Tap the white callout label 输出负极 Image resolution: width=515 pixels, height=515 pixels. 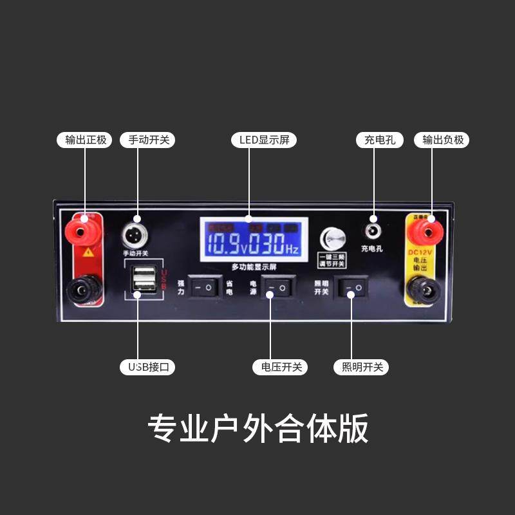pyautogui.click(x=444, y=140)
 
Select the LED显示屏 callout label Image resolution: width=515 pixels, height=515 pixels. pyautogui.click(x=264, y=140)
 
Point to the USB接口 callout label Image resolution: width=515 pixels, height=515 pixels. pyautogui.click(x=148, y=368)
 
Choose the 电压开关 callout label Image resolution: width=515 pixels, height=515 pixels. pyautogui.click(x=281, y=368)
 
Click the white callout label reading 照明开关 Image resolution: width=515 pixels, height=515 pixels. pyautogui.click(x=361, y=368)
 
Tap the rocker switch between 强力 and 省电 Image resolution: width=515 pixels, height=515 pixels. pyautogui.click(x=204, y=287)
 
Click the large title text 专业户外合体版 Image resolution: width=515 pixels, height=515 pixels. pyautogui.click(x=257, y=428)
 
